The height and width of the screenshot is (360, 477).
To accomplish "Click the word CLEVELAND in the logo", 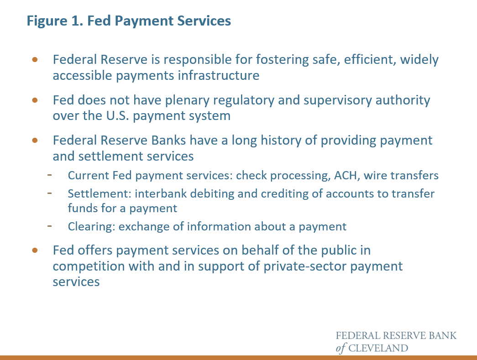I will pos(378,348).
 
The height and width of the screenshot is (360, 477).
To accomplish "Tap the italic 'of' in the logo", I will pos(341,348).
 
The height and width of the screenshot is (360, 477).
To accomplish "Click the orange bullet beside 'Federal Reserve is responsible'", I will pos(35,60).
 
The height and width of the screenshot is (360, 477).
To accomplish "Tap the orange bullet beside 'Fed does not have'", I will pos(35,100).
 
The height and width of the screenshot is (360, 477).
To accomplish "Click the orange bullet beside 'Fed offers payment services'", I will pos(35,250).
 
